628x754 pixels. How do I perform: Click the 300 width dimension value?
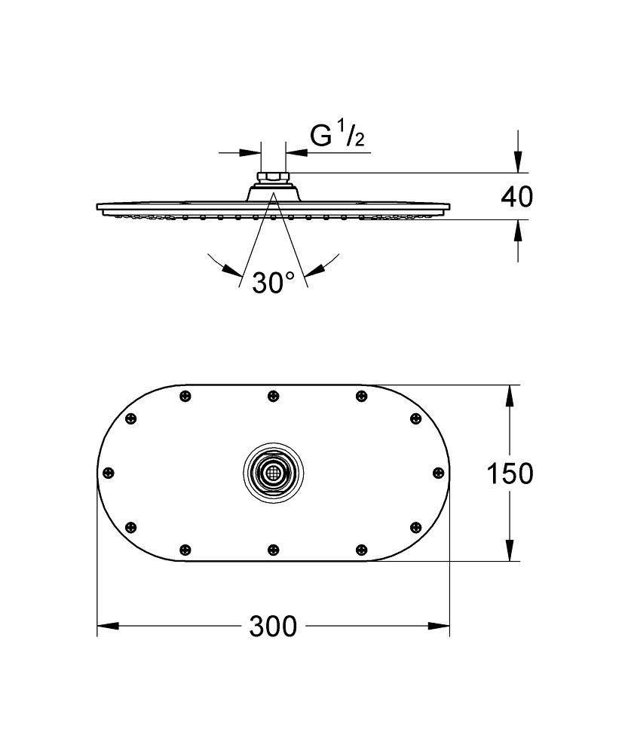[274, 626]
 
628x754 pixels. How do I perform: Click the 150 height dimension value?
[509, 474]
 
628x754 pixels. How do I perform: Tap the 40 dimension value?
[516, 197]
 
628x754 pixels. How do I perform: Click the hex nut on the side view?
[273, 179]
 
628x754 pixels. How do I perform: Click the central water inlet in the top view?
[273, 474]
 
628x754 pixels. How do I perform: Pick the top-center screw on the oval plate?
[273, 395]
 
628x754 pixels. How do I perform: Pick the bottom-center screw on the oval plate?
[273, 550]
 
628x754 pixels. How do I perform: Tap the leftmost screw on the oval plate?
[109, 473]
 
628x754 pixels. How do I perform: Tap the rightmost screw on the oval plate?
[437, 473]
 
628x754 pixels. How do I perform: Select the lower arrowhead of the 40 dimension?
[517, 229]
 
